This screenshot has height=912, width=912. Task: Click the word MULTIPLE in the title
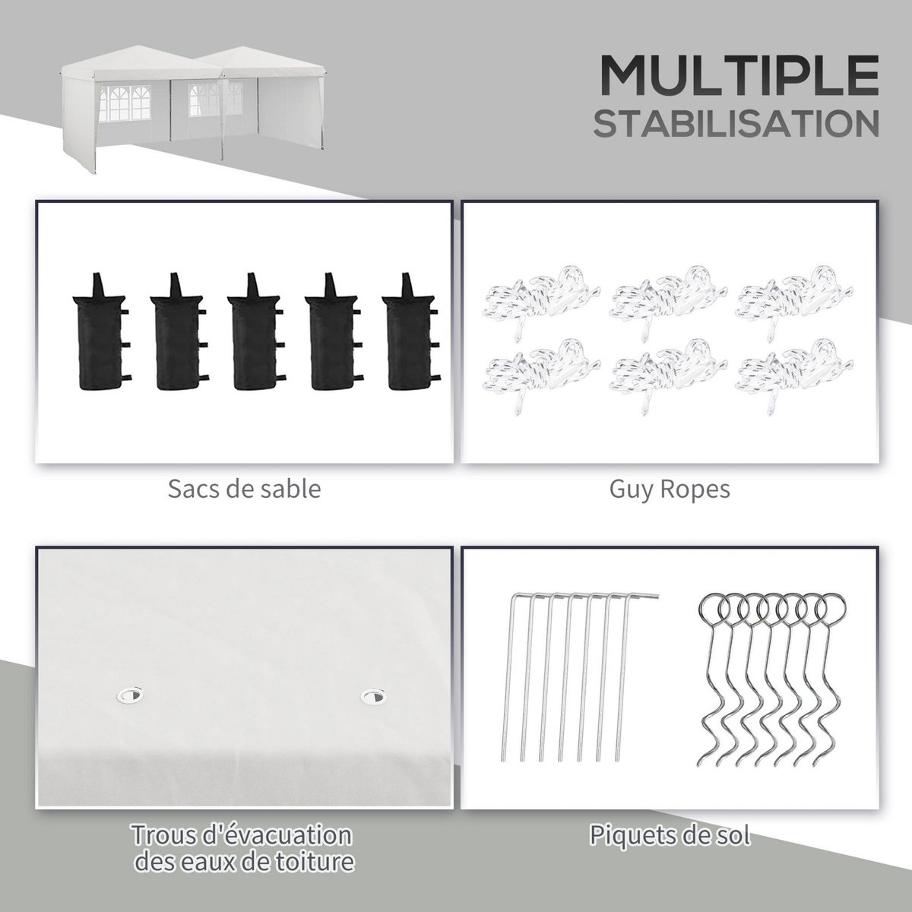tap(739, 76)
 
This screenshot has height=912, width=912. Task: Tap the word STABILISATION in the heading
tap(736, 124)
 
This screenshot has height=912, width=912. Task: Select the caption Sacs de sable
tap(244, 489)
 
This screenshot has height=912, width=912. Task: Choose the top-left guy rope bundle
tap(541, 303)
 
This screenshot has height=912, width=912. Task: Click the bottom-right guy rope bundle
tap(795, 376)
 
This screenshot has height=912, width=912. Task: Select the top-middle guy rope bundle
tap(668, 303)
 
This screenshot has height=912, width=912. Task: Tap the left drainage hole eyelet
tap(130, 695)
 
